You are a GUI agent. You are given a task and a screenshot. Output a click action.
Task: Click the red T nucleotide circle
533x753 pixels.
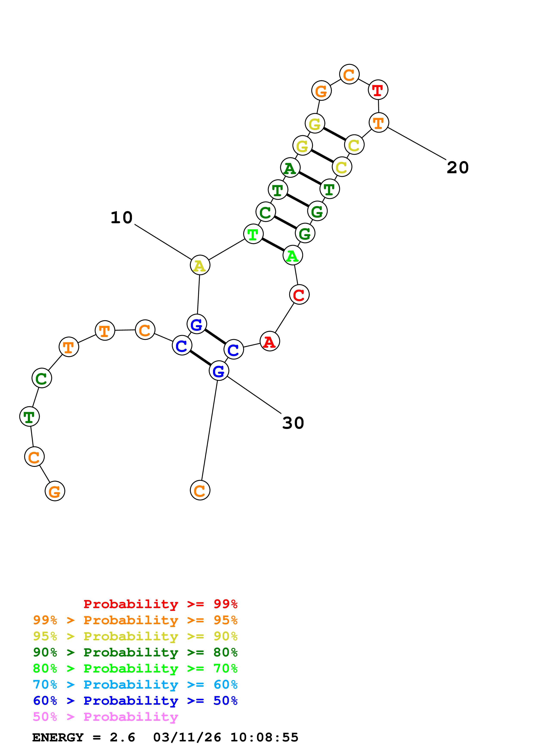pos(378,90)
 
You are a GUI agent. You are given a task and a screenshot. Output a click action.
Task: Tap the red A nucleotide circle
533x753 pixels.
pos(270,342)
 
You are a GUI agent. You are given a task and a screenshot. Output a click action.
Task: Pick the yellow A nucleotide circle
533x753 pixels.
pos(200,265)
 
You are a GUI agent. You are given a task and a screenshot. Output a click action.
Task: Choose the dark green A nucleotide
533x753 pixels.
pos(290,168)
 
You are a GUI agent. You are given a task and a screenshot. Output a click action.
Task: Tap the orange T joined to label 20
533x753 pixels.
pos(379,123)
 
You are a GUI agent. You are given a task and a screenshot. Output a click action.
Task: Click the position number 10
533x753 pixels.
pos(121,217)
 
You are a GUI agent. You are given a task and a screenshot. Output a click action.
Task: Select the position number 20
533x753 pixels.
pos(458,168)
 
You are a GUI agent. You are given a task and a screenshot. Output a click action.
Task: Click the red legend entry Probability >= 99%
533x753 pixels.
pos(160,604)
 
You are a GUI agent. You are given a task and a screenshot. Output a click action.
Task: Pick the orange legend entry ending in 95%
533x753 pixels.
pos(135,620)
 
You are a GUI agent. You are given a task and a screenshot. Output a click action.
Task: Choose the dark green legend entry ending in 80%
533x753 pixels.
pos(135,652)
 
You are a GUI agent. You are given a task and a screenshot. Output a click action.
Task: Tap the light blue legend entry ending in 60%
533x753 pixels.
pos(135,685)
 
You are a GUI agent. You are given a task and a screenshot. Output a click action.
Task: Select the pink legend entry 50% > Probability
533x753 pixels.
pos(105,717)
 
